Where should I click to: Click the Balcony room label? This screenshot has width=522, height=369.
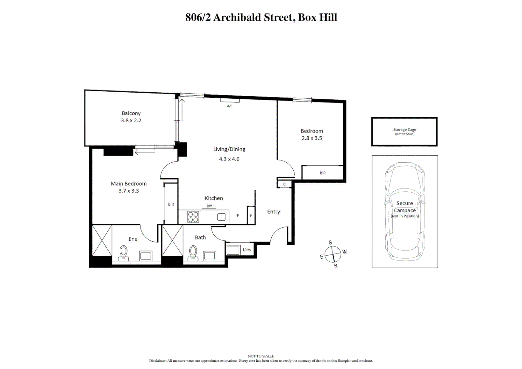[x=131, y=113]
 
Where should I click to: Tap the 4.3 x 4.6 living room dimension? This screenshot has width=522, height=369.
[x=229, y=159]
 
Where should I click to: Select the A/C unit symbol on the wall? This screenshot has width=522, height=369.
[x=230, y=100]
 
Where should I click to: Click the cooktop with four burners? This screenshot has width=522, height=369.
[x=193, y=217]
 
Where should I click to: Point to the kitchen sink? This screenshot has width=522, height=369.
[x=222, y=217]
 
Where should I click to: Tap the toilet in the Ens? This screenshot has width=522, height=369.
[x=123, y=253]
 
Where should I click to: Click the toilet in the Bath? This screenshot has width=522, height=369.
[x=193, y=253]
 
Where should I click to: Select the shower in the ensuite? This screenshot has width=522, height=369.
[x=102, y=240]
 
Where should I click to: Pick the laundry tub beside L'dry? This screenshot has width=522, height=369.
[x=233, y=250]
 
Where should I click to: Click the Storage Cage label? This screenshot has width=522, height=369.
[x=404, y=130]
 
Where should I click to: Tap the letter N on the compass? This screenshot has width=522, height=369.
[x=336, y=266]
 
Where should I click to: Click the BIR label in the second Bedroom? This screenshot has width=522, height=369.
[x=323, y=173]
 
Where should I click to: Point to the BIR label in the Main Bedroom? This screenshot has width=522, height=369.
[x=171, y=204]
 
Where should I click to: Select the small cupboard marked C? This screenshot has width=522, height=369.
[x=284, y=184]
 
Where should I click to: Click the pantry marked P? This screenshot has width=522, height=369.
[x=251, y=216]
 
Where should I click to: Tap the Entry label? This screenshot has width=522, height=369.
[x=273, y=212]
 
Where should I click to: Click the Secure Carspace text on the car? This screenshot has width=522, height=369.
[x=405, y=207]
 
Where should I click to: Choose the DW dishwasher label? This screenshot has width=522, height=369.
[x=209, y=206]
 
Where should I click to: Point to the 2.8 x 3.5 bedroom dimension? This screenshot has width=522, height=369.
[x=312, y=138]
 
